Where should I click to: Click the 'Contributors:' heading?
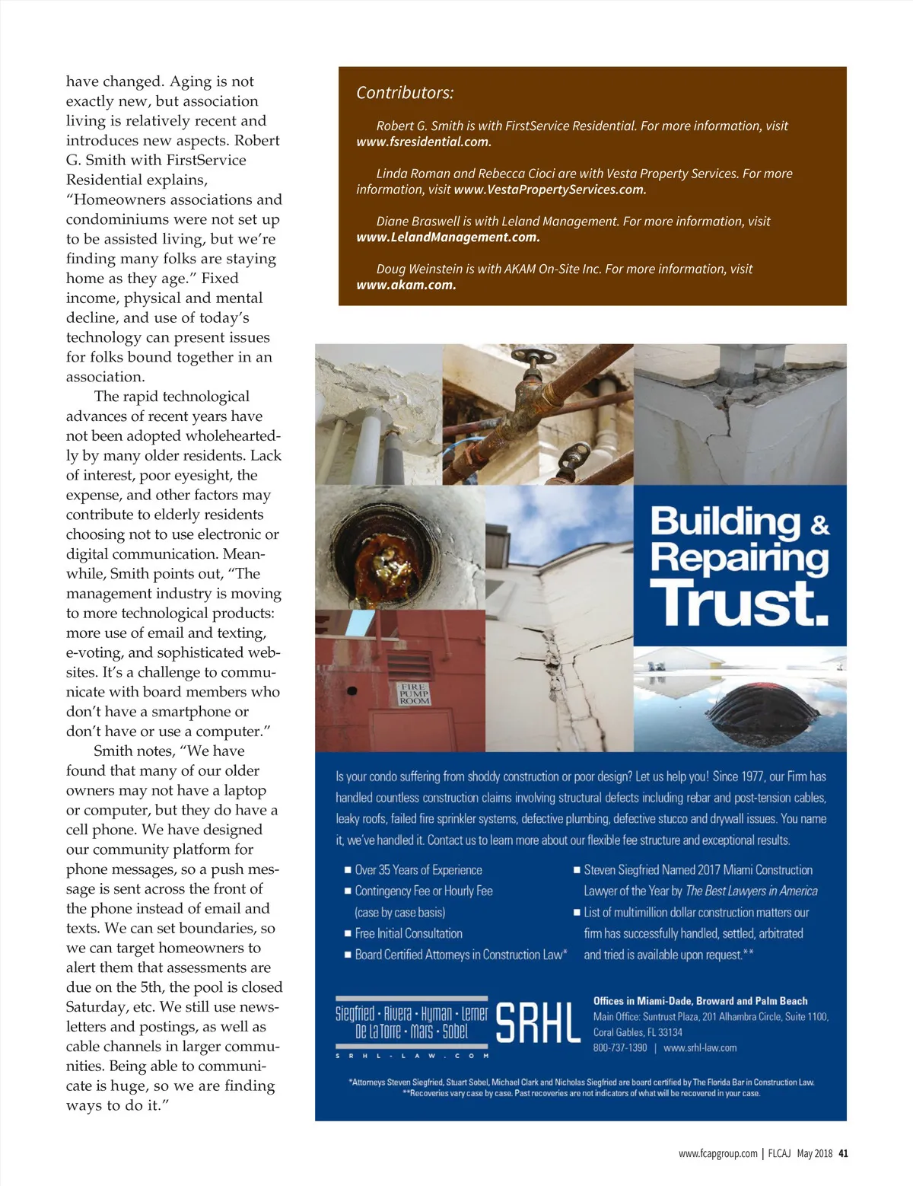pos(405,93)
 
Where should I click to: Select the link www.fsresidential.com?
pos(424,142)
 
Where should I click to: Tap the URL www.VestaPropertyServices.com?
pos(549,190)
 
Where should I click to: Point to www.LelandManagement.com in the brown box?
pos(448,238)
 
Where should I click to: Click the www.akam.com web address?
pos(406,285)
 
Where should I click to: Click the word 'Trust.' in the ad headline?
pos(739,603)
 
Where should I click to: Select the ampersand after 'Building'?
pos(819,525)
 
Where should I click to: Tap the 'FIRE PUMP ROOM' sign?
pos(414,693)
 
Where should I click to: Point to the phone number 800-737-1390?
pos(620,1048)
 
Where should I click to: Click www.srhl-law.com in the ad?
pos(700,1048)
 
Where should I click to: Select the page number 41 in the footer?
pos(843,1153)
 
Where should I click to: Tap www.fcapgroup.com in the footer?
pos(718,1153)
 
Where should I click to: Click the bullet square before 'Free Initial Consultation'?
pos(348,934)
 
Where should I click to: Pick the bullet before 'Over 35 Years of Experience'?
pos(348,870)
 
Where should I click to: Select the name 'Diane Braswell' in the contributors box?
pos(415,222)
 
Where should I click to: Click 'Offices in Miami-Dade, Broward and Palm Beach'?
pos(700,1001)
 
